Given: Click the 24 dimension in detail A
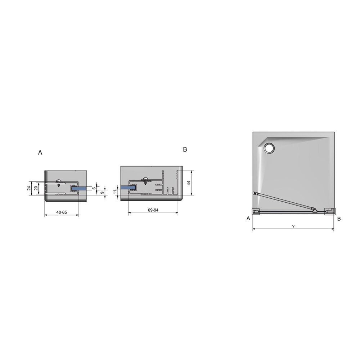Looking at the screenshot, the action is tap(29, 188).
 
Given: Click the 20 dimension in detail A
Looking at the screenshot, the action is tap(36, 188).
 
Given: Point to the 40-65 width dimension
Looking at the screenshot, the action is tap(62, 212).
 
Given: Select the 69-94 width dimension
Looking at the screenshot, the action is tap(153, 210).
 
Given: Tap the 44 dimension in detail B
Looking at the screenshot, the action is tap(189, 183).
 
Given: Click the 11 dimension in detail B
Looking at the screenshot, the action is tap(115, 192).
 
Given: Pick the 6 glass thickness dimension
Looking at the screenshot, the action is tap(94, 188).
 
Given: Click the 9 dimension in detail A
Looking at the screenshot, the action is tap(102, 193).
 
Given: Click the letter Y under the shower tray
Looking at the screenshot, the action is tap(293, 226).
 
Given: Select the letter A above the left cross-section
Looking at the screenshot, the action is tap(40, 152).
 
